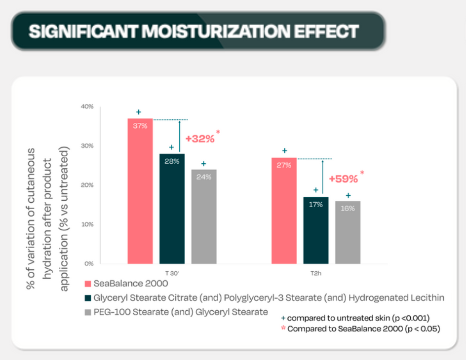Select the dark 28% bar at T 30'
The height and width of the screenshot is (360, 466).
[x=172, y=209]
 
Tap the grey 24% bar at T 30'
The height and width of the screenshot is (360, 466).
[x=203, y=217]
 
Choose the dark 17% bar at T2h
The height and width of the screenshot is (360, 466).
[x=315, y=230]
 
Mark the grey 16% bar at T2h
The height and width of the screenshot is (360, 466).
[x=348, y=232]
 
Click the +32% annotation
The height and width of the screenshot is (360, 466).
[x=200, y=139]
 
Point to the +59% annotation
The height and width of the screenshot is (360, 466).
[x=344, y=178]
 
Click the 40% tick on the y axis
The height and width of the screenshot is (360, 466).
[x=87, y=107]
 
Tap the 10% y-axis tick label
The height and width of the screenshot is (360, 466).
[x=87, y=224]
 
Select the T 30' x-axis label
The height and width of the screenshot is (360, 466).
[x=172, y=272]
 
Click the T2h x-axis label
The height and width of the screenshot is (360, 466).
[x=315, y=272]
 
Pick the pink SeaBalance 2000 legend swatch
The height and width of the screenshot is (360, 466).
[x=88, y=284]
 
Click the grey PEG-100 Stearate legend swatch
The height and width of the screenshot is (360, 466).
[x=88, y=312]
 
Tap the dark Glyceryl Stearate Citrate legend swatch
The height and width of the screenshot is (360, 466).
[x=88, y=298]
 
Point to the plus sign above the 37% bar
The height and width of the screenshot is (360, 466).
[x=139, y=112]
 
